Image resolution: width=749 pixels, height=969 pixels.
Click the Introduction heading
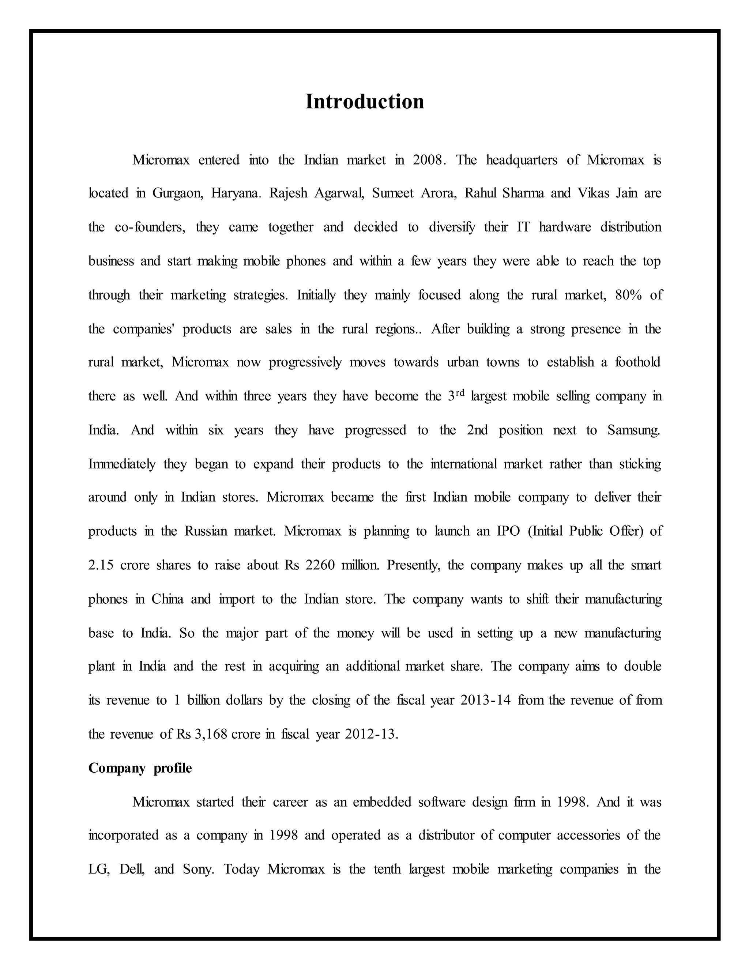click(364, 102)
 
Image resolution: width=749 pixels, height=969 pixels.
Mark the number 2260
click(320, 565)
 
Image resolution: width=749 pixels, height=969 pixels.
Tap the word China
click(167, 599)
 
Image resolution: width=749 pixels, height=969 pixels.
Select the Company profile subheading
click(140, 768)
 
